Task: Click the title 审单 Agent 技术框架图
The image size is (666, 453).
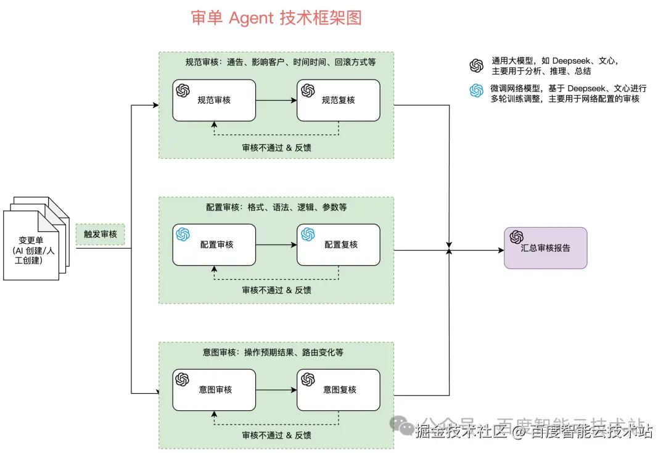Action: tap(276, 18)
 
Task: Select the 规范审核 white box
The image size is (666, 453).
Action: tap(214, 100)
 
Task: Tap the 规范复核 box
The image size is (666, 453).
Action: tap(339, 100)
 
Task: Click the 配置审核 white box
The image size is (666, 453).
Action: tap(214, 244)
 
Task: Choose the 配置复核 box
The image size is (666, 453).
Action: tap(339, 244)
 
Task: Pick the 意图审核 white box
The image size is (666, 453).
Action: tap(214, 389)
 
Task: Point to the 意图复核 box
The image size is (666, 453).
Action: tap(339, 389)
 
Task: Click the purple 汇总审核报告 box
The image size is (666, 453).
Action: tap(545, 248)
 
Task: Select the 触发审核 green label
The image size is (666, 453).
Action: tap(100, 235)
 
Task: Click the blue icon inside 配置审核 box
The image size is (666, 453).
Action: tap(183, 235)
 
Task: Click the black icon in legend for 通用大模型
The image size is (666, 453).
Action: tap(476, 65)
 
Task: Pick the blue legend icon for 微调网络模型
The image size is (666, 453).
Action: tap(476, 91)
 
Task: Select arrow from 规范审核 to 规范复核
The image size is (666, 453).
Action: tap(276, 100)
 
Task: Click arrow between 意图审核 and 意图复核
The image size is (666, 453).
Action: tap(276, 389)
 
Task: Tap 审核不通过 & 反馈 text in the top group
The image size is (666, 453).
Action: tap(276, 148)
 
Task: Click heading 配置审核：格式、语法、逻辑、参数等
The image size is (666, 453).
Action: tap(276, 207)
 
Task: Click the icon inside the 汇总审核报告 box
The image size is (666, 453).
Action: tap(516, 237)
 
